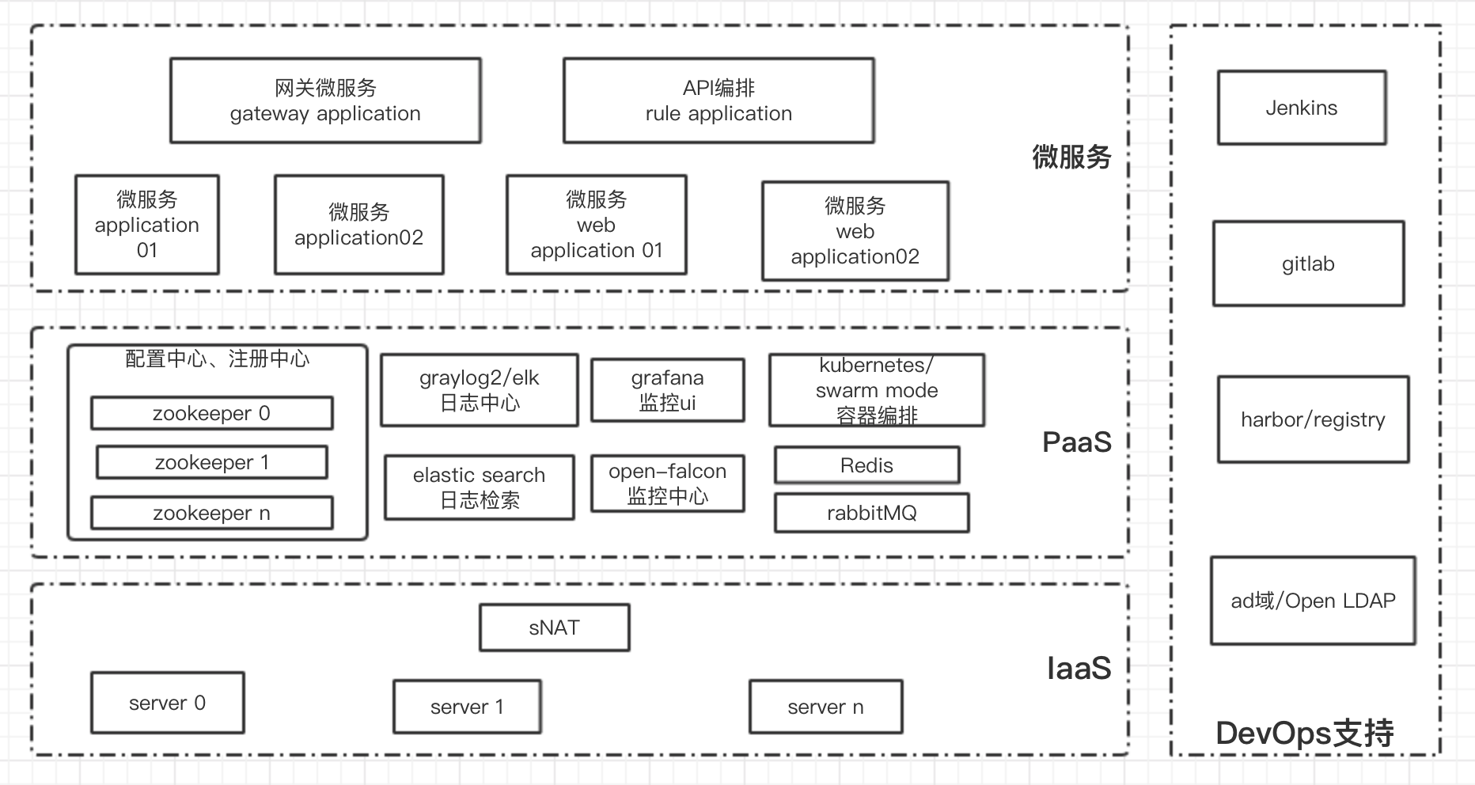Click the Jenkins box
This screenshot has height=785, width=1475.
pos(1302,108)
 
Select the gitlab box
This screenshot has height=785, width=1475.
pos(1308,264)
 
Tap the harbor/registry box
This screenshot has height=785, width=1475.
pos(1313,419)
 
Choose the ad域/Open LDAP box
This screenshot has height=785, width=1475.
pos(1313,601)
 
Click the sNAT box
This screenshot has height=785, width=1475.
pos(554,628)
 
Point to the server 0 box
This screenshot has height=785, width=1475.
pos(167,703)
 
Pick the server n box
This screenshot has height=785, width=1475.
pos(825,707)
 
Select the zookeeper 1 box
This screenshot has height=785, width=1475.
pos(211,462)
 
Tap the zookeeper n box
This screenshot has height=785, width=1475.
pos(211,513)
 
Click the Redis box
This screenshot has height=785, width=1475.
pos(866,465)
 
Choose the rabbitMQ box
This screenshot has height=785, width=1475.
pos(871,513)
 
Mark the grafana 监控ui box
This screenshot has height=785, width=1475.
pos(667,390)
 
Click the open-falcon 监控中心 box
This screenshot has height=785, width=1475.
pos(667,484)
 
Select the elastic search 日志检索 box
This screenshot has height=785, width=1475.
pos(479,487)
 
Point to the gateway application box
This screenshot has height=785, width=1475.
pos(325,100)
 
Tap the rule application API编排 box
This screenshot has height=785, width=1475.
pos(719,100)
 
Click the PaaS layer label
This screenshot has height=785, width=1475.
pos(1076,442)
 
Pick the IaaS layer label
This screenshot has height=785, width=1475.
pos(1079,669)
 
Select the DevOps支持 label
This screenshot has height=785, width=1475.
pos(1304,734)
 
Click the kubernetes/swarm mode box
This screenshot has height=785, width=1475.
pos(877,390)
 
